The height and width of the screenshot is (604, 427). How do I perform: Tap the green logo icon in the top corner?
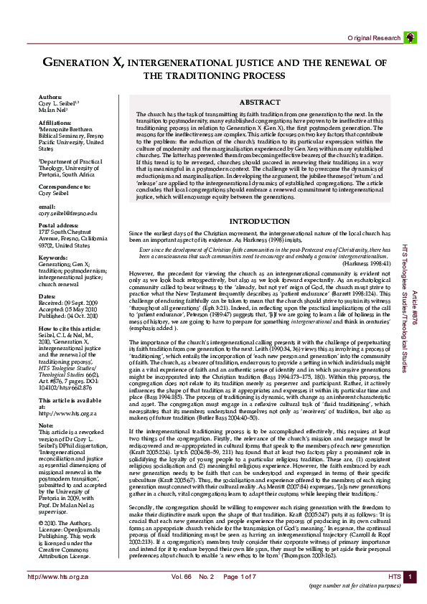[409, 36]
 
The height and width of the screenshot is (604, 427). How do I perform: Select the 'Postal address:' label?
[59, 225]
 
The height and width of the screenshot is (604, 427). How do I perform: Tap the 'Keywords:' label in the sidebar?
[54, 257]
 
